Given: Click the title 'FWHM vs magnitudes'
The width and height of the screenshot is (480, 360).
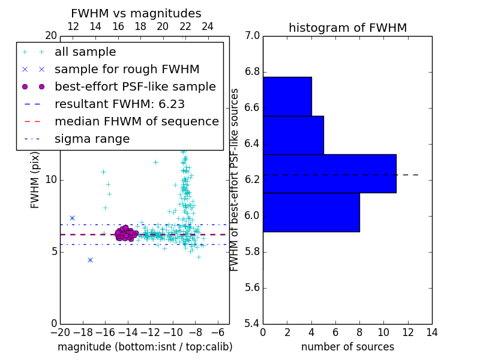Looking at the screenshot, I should [136, 13].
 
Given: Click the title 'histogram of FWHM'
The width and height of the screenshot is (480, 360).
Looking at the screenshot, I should [347, 28].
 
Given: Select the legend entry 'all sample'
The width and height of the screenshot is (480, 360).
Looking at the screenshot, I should [85, 52].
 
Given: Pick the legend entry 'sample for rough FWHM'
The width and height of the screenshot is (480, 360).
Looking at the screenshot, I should [127, 70].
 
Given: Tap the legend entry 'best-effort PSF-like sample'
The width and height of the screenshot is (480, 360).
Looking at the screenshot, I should [135, 87].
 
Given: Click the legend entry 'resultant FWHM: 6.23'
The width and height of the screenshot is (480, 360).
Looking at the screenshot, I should [119, 104].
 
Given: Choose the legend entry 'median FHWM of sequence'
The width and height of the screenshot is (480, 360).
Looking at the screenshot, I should [136, 122].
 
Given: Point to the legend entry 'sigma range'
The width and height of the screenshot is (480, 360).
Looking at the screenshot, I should [92, 139].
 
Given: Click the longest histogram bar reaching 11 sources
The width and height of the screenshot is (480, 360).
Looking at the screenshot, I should [329, 173].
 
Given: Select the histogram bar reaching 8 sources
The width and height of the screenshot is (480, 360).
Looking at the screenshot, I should [311, 212].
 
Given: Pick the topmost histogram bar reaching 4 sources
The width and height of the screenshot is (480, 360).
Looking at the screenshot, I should [287, 96].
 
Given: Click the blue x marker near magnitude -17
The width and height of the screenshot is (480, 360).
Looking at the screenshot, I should [90, 260].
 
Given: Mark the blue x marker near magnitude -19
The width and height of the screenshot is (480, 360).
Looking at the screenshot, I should [72, 218].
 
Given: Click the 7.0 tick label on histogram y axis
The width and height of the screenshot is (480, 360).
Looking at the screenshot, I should [252, 36].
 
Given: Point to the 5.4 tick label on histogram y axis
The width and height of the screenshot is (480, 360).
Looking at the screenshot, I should [252, 323].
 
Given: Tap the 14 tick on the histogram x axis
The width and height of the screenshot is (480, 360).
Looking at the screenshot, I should [431, 332].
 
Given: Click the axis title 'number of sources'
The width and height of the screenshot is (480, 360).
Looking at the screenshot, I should [347, 347].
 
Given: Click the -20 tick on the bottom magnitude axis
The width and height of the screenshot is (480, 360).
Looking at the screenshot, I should [59, 332].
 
